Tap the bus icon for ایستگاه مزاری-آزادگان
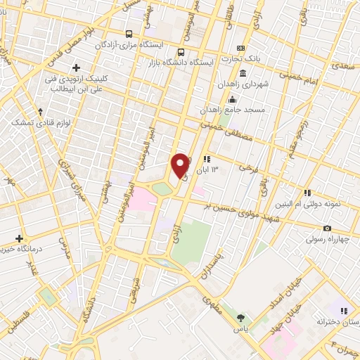(129, 34)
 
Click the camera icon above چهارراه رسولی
(327, 229)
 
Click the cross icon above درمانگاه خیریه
(20, 239)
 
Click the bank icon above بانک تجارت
(243, 74)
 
